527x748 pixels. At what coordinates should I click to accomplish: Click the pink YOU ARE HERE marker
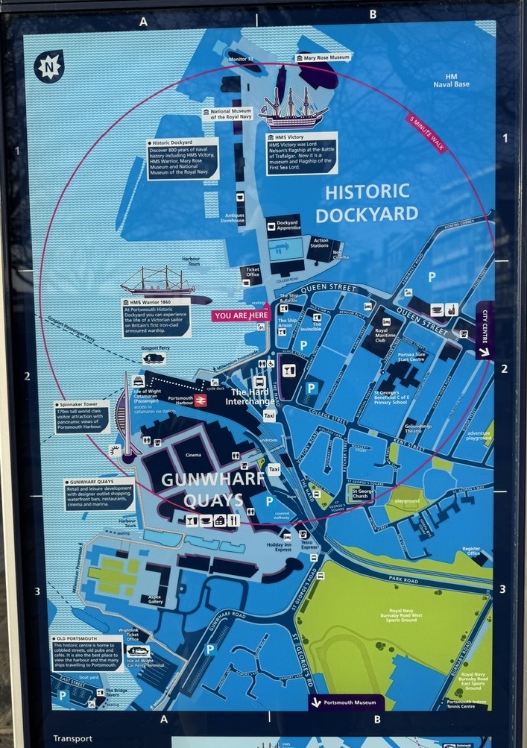242,315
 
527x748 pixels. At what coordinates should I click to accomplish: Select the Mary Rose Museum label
321,57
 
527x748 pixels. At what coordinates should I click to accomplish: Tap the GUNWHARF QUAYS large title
202,489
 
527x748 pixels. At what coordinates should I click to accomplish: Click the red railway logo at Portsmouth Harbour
201,400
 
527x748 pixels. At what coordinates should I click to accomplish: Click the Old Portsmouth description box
88,653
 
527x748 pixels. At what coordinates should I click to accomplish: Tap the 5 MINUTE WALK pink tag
426,133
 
